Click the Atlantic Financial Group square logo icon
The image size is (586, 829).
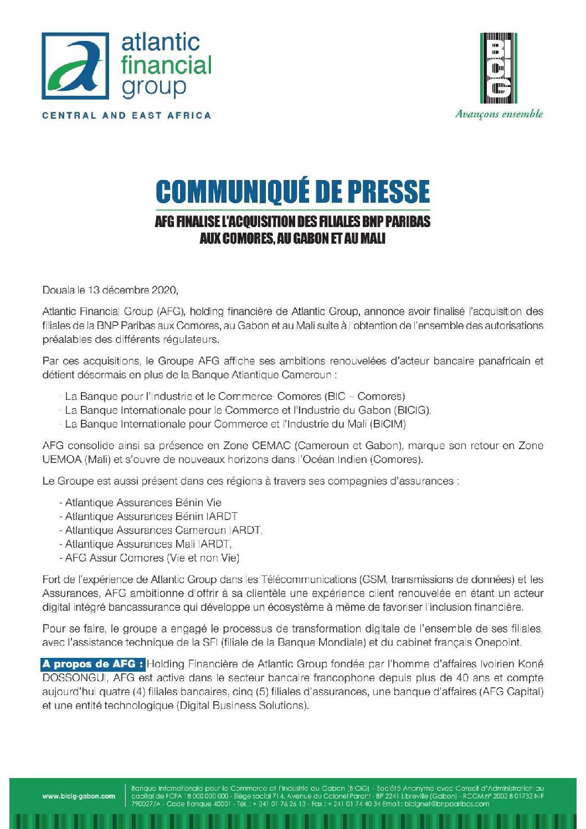point(76,65)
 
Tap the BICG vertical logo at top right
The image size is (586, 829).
point(498,68)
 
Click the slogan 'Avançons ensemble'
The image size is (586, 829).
point(498,114)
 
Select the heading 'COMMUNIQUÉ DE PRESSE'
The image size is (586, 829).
point(292,192)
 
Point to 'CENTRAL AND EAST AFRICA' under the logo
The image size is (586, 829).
point(127,116)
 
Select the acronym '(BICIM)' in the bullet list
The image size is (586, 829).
point(387,424)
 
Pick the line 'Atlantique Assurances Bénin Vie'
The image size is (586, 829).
point(143,503)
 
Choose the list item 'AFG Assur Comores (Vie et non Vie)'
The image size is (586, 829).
point(152,558)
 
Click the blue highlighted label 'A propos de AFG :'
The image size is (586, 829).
point(93,664)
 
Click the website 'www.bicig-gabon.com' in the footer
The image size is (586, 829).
point(79,796)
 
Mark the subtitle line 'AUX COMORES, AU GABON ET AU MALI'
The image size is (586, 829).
point(292,239)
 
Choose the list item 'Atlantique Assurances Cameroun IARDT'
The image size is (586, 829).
point(163,530)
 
